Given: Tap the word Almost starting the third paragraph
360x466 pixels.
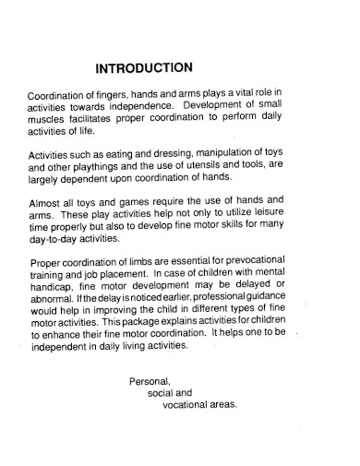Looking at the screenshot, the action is click(45, 203).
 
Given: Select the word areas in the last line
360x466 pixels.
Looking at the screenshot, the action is click(222, 404).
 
